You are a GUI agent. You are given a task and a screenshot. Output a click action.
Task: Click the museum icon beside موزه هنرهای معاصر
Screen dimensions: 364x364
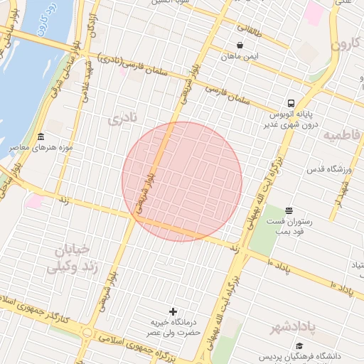(x=41, y=136)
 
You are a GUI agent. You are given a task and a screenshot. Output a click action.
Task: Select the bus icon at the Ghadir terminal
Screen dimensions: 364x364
(x=291, y=103)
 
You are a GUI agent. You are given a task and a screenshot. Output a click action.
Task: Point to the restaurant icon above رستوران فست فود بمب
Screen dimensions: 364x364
(x=289, y=210)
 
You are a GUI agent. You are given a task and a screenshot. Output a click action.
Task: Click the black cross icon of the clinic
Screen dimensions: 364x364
(x=173, y=311)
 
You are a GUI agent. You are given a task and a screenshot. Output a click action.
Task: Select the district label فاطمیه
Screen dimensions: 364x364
(x=342, y=134)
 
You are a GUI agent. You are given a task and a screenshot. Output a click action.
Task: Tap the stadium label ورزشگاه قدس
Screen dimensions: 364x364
(x=330, y=169)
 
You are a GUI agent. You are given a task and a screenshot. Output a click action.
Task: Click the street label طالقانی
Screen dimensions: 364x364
(x=249, y=31)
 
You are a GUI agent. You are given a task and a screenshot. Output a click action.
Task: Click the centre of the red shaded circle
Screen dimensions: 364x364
(x=182, y=181)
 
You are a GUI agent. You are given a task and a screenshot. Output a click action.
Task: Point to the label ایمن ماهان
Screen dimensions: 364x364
(x=242, y=55)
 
